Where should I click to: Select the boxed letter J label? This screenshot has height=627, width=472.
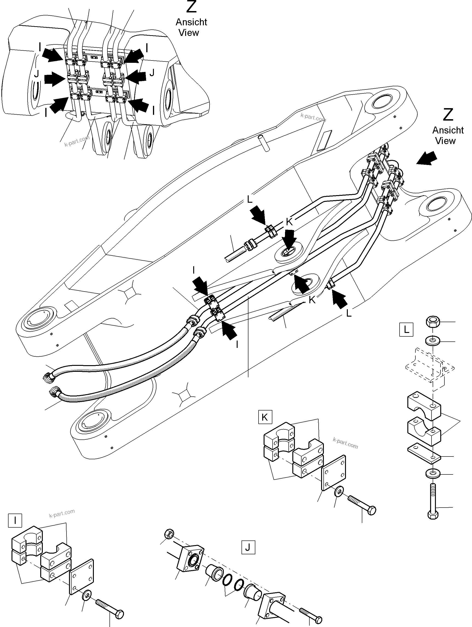tap(248, 547)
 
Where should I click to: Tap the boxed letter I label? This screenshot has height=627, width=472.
tap(15, 520)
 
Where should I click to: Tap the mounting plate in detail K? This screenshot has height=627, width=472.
tap(334, 472)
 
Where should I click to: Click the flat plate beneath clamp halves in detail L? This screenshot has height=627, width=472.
tap(424, 454)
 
